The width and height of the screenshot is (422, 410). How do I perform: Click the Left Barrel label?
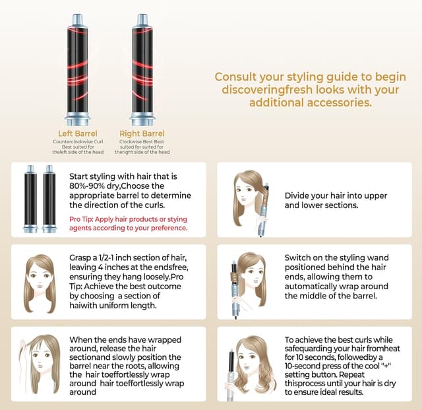click(78, 133)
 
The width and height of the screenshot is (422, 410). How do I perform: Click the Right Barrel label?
click(144, 133)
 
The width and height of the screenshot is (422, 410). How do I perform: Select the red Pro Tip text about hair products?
click(129, 223)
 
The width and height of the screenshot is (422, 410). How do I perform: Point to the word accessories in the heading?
click(340, 103)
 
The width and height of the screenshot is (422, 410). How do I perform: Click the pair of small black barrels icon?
click(40, 199)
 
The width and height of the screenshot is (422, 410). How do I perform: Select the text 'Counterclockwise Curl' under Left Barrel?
click(78, 141)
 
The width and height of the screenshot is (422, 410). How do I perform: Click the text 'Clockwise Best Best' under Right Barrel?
click(143, 141)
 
